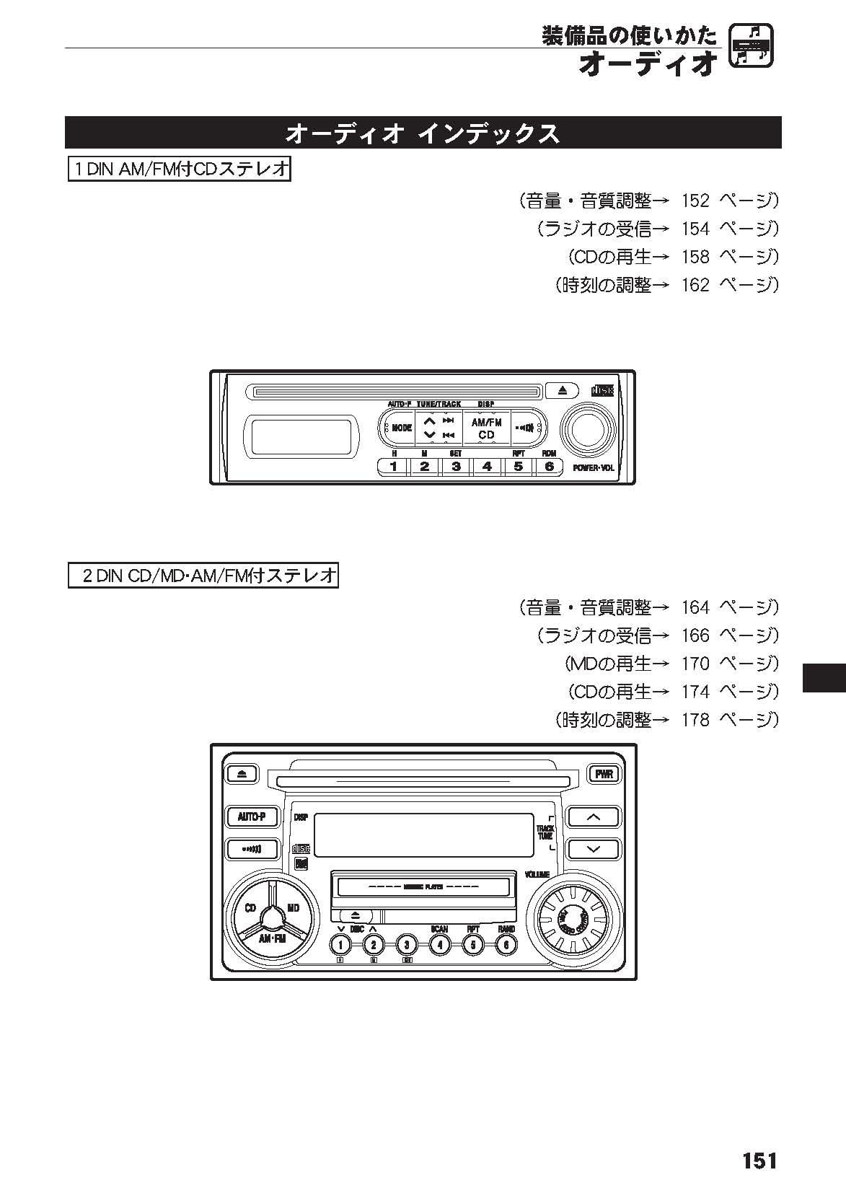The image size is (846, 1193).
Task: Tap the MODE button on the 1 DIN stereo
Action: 400,428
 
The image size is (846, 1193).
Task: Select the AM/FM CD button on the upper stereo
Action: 486,428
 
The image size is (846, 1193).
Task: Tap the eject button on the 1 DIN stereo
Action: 563,390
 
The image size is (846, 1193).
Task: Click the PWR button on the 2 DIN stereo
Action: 603,774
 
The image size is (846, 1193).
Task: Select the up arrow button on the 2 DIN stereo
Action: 593,816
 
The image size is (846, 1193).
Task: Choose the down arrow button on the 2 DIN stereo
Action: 593,849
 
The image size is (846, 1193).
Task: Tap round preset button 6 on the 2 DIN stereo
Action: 506,944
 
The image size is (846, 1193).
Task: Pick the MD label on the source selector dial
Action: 294,908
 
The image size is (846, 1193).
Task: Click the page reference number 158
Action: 695,256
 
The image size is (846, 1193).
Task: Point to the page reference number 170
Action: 695,663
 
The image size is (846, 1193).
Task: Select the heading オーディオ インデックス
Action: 423,133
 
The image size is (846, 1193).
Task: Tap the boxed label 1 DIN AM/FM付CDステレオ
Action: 179,170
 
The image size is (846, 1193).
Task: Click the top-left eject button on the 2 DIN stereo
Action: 242,774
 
